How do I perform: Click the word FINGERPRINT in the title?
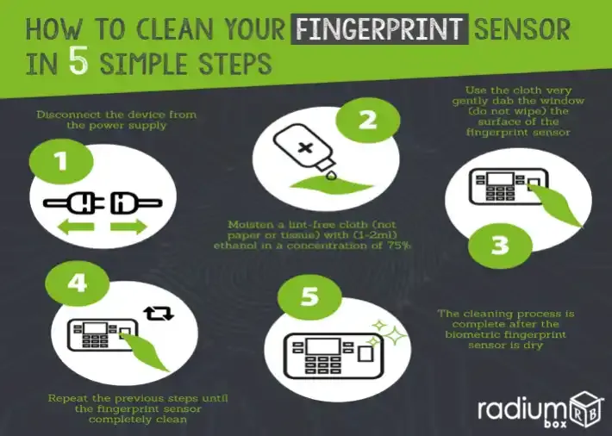coord(379,28)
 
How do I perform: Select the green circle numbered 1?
coord(61,161)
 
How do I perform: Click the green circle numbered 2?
coord(368,121)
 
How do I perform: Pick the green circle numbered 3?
coord(500,246)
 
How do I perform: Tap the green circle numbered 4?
coord(78,283)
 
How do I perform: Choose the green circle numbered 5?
coord(309,296)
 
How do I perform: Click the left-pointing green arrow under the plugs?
coord(76,227)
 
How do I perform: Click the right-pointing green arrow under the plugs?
coord(128,227)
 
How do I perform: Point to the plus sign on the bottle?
coord(305,148)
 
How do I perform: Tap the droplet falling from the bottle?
coord(331,175)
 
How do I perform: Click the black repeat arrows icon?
coord(158,314)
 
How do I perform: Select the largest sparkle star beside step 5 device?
coord(394,335)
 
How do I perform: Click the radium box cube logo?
coord(584,410)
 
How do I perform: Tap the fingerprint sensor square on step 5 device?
coord(365,354)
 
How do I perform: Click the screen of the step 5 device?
coord(323,346)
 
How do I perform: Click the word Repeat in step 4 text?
coord(66,399)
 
